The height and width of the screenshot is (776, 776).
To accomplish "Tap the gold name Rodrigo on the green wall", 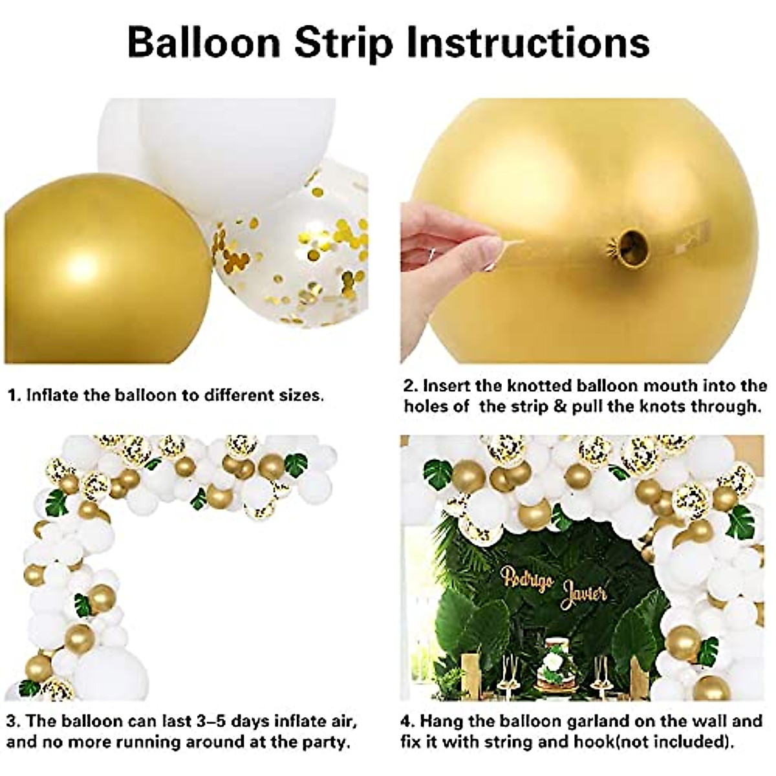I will pyautogui.click(x=527, y=577).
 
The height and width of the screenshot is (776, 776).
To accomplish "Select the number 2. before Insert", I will pyautogui.click(x=411, y=386).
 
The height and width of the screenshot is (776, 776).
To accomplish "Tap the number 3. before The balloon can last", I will pyautogui.click(x=13, y=721).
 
